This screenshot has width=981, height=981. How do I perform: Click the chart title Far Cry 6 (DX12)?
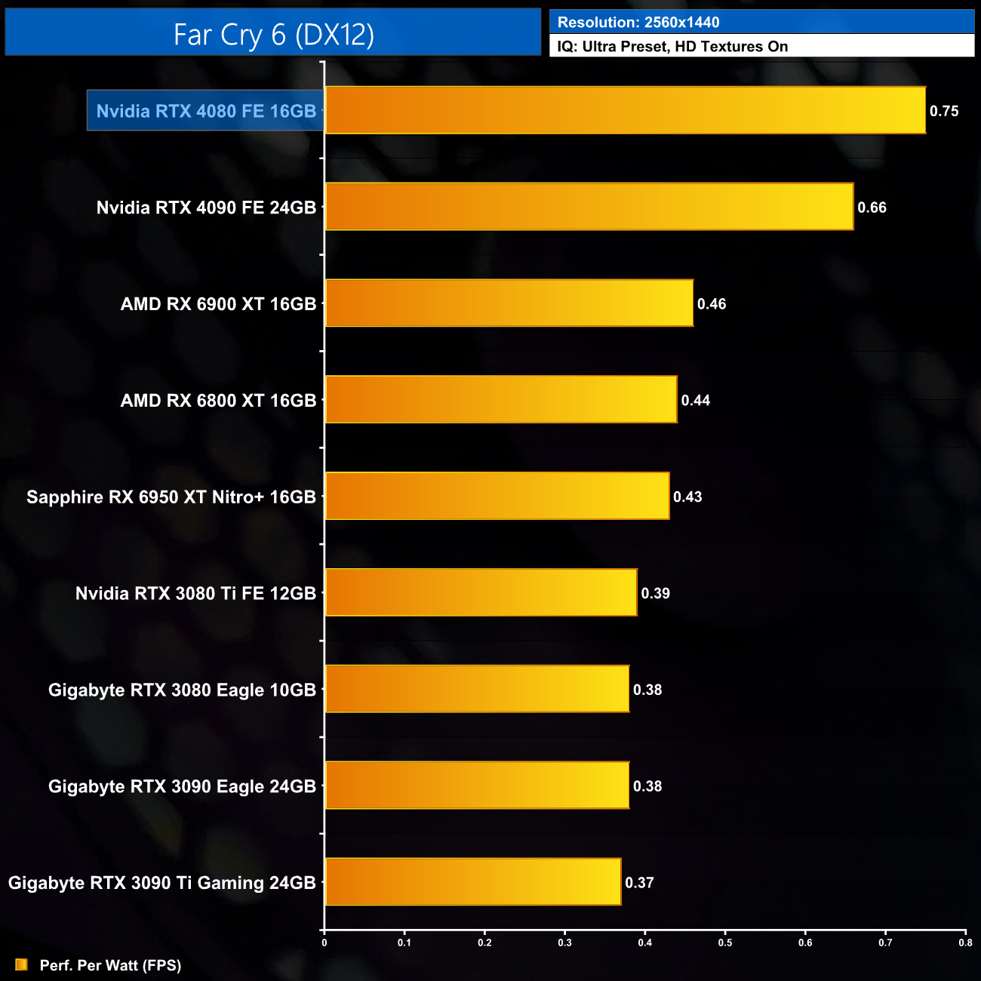(x=273, y=35)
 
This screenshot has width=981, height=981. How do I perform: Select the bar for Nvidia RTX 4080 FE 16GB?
(x=625, y=110)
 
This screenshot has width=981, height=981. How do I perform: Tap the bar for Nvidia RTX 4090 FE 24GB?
(x=589, y=207)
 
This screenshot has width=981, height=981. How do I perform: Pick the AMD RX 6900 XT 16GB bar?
(x=509, y=303)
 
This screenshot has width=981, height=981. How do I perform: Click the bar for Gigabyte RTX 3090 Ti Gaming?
(x=472, y=882)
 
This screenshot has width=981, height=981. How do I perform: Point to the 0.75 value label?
(x=943, y=111)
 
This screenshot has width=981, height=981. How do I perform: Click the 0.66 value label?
(x=872, y=208)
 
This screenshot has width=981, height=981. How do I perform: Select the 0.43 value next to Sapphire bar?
(x=687, y=497)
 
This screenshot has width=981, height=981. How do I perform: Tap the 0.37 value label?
(x=639, y=883)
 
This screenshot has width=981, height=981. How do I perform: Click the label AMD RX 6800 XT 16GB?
(x=218, y=401)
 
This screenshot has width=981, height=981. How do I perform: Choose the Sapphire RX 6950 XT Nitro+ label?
(x=171, y=497)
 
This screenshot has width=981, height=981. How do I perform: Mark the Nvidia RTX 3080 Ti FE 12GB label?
(x=195, y=594)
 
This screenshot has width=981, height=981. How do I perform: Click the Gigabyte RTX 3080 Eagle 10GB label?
(x=182, y=690)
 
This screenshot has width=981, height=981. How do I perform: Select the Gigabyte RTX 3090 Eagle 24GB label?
(x=182, y=786)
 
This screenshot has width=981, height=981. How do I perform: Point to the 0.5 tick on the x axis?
(x=725, y=943)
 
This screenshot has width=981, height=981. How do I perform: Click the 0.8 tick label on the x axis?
(x=965, y=943)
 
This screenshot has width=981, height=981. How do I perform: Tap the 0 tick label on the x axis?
(x=324, y=943)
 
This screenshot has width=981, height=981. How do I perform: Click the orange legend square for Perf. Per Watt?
(x=21, y=965)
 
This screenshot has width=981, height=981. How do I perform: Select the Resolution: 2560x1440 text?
(x=638, y=23)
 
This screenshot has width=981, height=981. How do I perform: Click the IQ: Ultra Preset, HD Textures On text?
(x=672, y=47)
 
